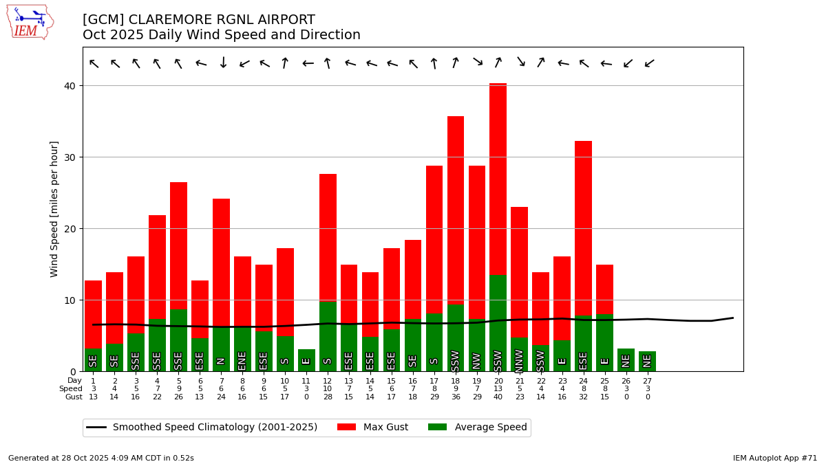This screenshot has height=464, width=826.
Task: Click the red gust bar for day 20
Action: (x=498, y=179)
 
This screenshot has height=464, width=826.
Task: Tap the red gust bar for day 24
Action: (x=583, y=227)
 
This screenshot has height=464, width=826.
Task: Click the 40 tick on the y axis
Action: (x=71, y=85)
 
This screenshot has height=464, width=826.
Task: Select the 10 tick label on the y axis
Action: (x=71, y=300)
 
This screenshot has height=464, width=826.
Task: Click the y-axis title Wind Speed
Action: (x=54, y=209)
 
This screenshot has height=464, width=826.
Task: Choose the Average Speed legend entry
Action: (x=477, y=428)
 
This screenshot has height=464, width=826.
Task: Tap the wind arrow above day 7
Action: (x=223, y=63)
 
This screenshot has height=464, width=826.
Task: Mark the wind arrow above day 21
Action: (x=520, y=62)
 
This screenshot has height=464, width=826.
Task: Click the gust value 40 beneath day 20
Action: (x=498, y=397)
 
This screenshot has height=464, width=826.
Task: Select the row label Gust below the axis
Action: (x=74, y=397)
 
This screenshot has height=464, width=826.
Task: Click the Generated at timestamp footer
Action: (x=101, y=458)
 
